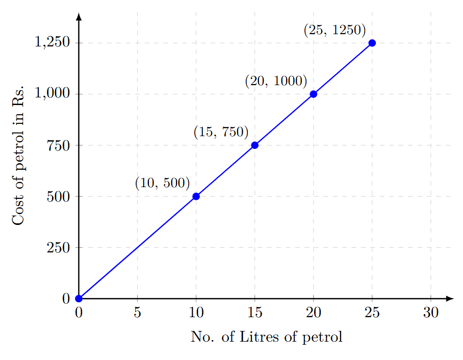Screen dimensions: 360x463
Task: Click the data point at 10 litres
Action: click(x=196, y=196)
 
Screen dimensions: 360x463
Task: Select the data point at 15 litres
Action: click(x=255, y=145)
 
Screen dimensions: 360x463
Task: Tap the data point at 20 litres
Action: click(x=313, y=94)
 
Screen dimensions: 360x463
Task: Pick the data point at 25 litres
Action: click(x=372, y=43)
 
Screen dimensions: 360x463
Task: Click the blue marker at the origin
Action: click(x=79, y=298)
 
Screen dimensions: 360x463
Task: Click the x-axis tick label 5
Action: click(x=137, y=313)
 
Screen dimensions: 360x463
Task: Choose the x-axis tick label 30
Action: click(x=431, y=313)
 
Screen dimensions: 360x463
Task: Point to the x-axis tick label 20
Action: click(x=313, y=313)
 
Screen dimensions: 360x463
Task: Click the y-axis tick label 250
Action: click(x=58, y=247)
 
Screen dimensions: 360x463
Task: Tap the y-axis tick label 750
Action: click(x=58, y=145)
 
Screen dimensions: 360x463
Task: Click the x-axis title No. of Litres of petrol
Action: click(x=266, y=337)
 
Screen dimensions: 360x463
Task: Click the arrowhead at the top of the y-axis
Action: click(x=79, y=16)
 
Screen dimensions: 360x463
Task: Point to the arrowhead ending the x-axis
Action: click(x=449, y=298)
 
